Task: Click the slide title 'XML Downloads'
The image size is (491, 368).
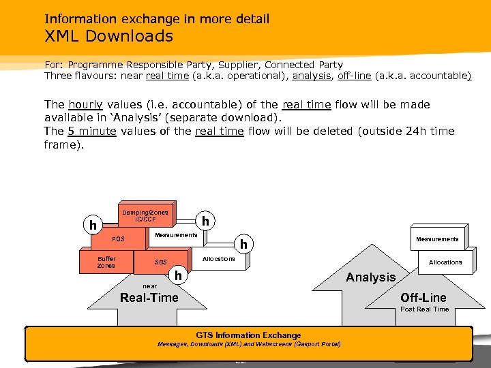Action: [109, 36]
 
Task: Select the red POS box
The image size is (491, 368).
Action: [120, 239]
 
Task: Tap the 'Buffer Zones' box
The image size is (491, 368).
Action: [106, 262]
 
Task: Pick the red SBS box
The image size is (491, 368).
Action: [161, 262]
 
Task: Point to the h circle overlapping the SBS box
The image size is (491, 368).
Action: [178, 275]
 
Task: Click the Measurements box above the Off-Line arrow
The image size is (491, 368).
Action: [437, 239]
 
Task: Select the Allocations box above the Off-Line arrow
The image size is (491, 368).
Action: [445, 262]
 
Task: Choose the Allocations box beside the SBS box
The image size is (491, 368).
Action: [218, 259]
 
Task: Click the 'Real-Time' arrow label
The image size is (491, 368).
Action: [149, 298]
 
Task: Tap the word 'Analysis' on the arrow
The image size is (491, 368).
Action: [370, 277]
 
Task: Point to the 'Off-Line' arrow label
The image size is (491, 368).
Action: [423, 298]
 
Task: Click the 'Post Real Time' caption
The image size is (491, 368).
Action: [424, 309]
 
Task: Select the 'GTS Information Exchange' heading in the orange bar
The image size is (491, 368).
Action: [248, 335]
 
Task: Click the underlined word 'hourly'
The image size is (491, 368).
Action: [86, 105]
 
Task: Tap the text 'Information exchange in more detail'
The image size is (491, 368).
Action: [157, 19]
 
